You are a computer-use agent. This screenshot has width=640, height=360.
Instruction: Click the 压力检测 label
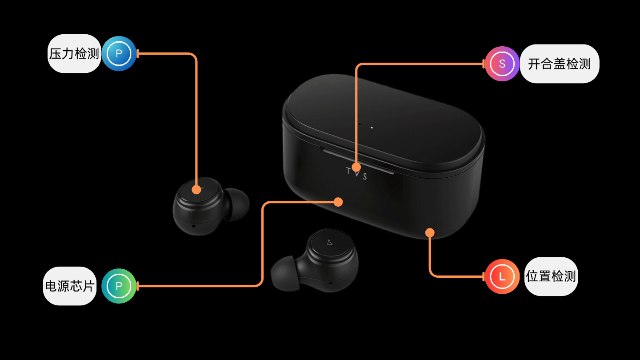[x=74, y=54]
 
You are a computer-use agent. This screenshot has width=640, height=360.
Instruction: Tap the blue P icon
[x=119, y=53]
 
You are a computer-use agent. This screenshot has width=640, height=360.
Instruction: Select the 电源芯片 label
[x=70, y=286]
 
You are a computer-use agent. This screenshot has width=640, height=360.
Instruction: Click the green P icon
[x=119, y=286]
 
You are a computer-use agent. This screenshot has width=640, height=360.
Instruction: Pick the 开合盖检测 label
[x=560, y=64]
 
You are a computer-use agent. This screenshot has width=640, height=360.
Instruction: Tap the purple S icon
[x=502, y=64]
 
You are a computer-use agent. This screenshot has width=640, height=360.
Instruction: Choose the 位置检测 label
[x=551, y=276]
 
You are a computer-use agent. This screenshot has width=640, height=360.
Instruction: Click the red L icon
[x=502, y=276]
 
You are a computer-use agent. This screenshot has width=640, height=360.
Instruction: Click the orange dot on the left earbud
[x=196, y=189]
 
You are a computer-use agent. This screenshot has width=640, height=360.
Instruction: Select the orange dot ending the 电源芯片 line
[x=338, y=202]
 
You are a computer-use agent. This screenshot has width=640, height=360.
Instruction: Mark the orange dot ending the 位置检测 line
[x=430, y=232]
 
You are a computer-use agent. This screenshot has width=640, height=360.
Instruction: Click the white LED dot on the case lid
[x=372, y=128]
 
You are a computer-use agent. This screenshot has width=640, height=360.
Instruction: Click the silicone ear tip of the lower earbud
[x=284, y=273]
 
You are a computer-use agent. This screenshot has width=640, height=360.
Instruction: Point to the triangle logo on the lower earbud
[x=330, y=243]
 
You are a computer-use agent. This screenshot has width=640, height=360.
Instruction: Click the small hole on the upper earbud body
[x=194, y=226]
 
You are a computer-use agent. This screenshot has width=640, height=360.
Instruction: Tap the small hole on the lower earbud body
[x=331, y=283]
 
